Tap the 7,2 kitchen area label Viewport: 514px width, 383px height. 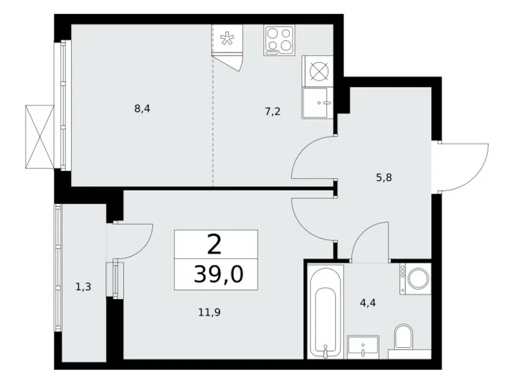point(273,112)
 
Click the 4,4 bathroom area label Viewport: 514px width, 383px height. point(367,304)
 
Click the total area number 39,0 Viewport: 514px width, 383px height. point(215,273)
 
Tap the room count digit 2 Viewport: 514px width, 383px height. point(214,246)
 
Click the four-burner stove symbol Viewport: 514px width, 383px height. point(280,40)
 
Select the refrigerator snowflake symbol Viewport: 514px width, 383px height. point(225,38)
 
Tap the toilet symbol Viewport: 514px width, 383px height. point(403,338)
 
